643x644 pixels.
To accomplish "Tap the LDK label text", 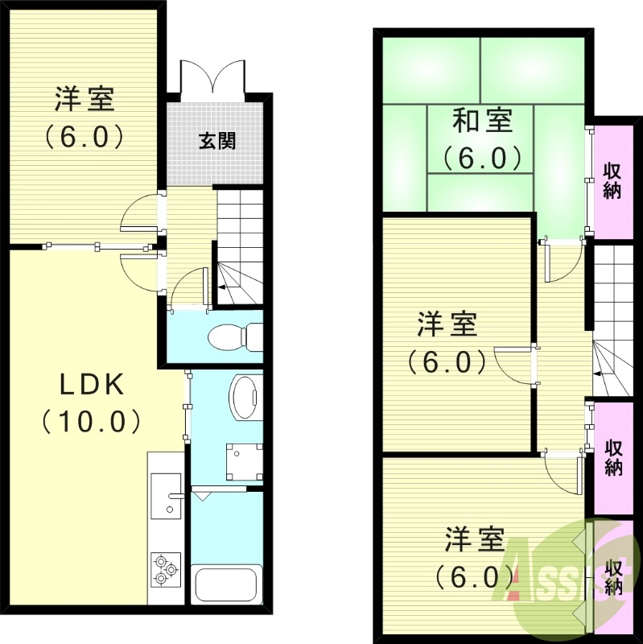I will click(x=92, y=386).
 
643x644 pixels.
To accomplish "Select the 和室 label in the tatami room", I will click(x=482, y=122).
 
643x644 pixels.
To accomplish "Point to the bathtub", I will click(x=228, y=584).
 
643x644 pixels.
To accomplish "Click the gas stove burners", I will click(x=165, y=567).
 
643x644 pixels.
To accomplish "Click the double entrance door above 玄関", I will click(x=213, y=79).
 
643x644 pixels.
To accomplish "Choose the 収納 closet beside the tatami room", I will click(x=612, y=181).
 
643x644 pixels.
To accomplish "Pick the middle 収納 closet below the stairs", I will click(x=614, y=457).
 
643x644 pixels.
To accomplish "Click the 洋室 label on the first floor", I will click(x=84, y=100).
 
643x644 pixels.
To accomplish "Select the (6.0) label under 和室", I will click(x=482, y=157).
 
